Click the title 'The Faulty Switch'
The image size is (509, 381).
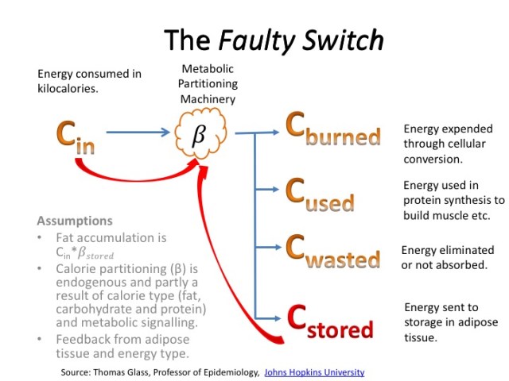(274, 40)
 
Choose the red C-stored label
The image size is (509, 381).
(329, 321)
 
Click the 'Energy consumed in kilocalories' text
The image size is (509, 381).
(89, 81)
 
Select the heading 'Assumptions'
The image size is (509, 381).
(75, 221)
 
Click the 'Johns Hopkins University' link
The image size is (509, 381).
(315, 371)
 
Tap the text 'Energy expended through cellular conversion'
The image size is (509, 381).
(448, 144)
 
